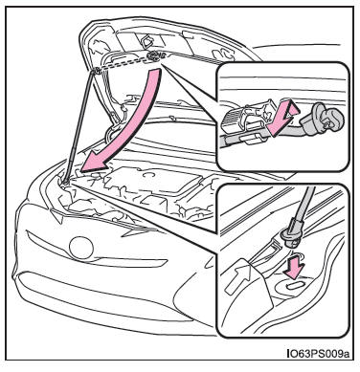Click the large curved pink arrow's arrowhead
(93, 160)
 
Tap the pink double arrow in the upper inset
(281, 119)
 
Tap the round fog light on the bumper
(81, 248)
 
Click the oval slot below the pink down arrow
(296, 285)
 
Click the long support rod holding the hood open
(78, 127)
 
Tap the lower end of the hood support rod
(64, 183)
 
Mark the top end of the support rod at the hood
(93, 73)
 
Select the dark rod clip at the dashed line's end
(153, 56)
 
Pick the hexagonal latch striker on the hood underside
(146, 41)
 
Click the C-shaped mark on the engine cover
(148, 175)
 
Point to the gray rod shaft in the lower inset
(304, 204)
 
